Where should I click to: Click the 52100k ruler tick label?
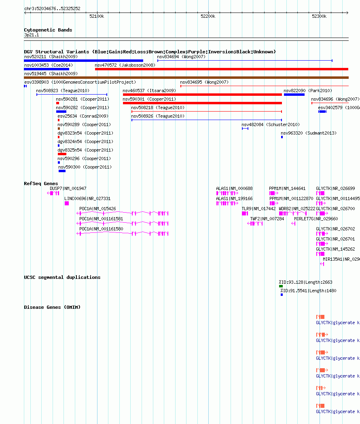click(x=97, y=16)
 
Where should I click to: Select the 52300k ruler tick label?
click(x=319, y=16)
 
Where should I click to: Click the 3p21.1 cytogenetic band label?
click(x=32, y=35)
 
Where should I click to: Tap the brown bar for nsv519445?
click(x=186, y=78)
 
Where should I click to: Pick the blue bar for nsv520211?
click(x=83, y=61)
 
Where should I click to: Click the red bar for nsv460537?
click(x=202, y=95)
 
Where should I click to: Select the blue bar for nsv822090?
click(x=294, y=95)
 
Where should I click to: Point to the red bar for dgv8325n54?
click(x=62, y=154)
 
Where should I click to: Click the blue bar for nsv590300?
click(x=62, y=171)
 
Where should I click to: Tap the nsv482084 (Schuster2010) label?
click(x=270, y=124)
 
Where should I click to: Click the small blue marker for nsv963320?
click(x=282, y=137)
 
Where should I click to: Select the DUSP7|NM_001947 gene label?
click(x=68, y=188)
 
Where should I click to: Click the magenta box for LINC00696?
click(x=67, y=203)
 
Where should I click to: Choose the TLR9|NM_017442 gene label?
click(x=258, y=209)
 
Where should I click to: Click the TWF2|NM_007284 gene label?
click(x=267, y=219)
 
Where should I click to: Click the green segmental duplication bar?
click(x=281, y=286)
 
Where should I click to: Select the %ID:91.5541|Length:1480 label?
click(x=308, y=291)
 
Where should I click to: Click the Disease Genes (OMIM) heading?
click(x=52, y=307)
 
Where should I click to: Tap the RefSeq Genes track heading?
click(x=41, y=184)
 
